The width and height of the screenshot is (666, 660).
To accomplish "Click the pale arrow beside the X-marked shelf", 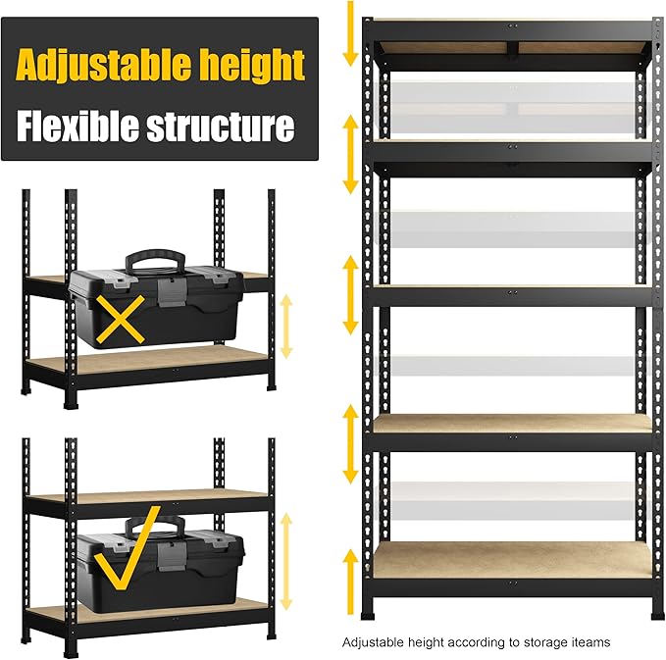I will pyautogui.click(x=286, y=325).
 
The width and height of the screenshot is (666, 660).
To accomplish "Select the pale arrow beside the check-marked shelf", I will pyautogui.click(x=286, y=554).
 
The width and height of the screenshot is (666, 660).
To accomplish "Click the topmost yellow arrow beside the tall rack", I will pyautogui.click(x=349, y=34).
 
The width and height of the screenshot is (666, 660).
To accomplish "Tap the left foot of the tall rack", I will pyautogui.click(x=371, y=614).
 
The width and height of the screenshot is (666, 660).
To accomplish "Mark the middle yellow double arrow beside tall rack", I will pyautogui.click(x=349, y=294).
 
